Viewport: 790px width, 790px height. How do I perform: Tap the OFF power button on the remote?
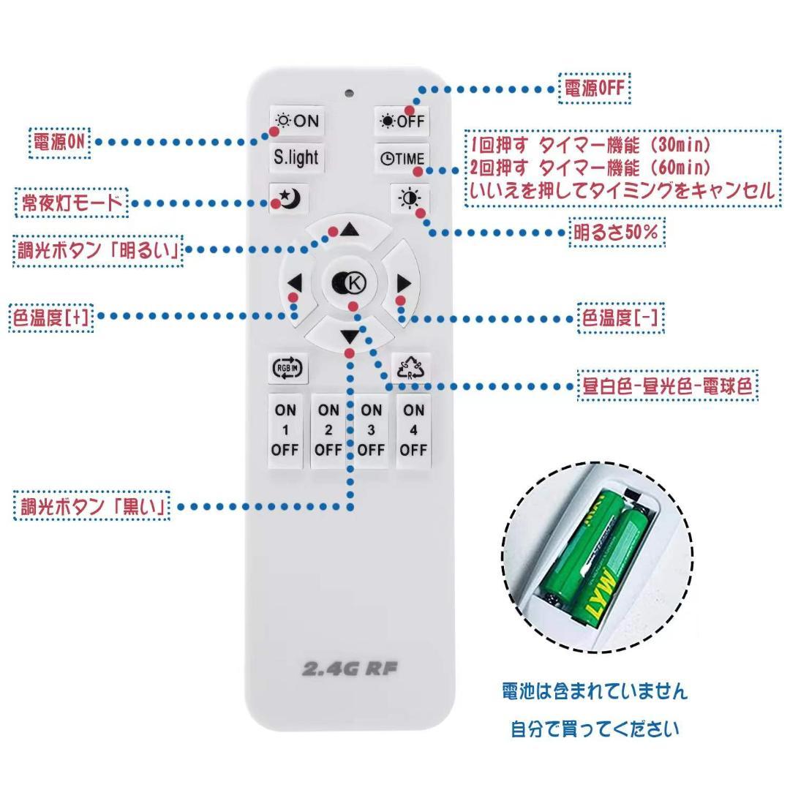[x=402, y=121]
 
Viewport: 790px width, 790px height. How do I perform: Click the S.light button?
[x=296, y=158]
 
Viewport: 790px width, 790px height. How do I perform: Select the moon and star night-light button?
[x=290, y=198]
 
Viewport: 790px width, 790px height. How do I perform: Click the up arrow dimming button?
[x=348, y=230]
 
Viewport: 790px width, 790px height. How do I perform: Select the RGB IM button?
[x=287, y=368]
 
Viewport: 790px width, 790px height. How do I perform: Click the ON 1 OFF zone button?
[x=285, y=430]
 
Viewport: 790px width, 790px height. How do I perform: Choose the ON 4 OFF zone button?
[x=413, y=430]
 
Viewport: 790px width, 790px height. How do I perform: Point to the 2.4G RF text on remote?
[x=350, y=668]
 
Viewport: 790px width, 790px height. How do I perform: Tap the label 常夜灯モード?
[x=71, y=203]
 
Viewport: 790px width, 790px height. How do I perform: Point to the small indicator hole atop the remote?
[x=350, y=94]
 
